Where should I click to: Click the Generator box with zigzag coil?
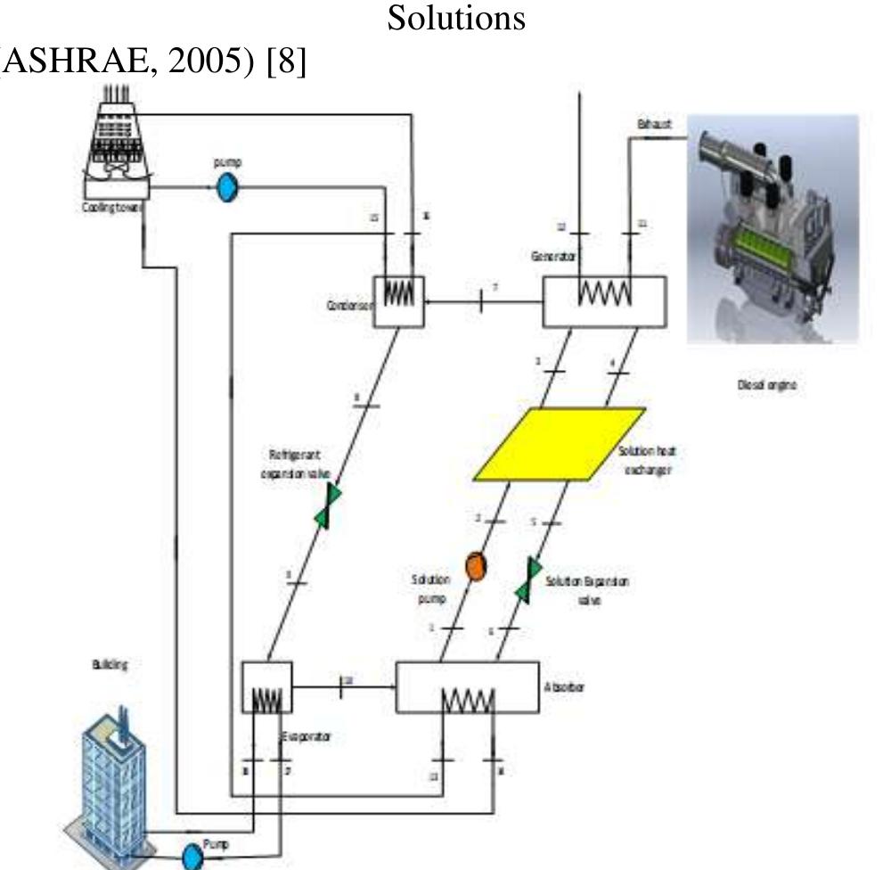point(604,301)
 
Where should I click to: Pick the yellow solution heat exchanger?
point(559,444)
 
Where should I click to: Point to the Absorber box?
point(467,686)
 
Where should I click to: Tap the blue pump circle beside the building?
point(192,857)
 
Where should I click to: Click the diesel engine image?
point(772,228)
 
